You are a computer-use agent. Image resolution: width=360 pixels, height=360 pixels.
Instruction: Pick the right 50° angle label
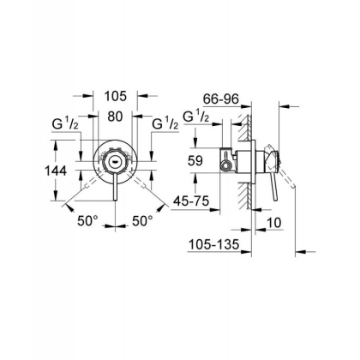tap(143, 220)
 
